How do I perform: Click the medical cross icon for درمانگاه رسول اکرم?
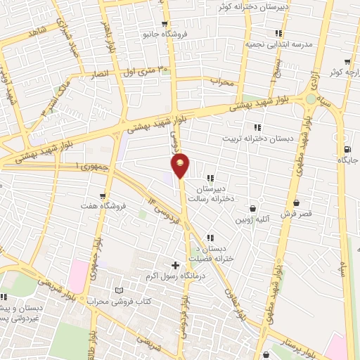(x=175, y=265)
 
